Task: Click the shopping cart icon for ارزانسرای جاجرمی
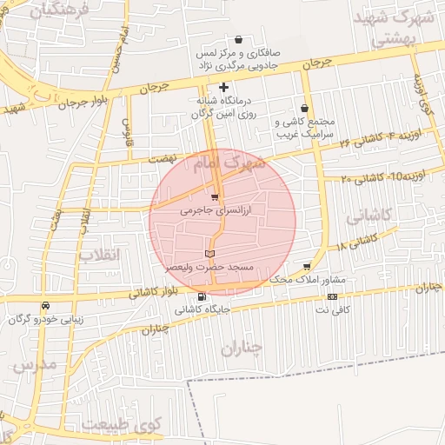coord(214,196)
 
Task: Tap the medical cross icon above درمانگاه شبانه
coord(224,87)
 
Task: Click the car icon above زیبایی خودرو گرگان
coord(44,305)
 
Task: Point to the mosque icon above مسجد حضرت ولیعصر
coord(209,253)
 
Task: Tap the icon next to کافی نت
coord(332,297)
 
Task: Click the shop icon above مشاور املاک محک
coord(307,266)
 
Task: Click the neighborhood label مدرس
coord(35,364)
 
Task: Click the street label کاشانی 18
coord(353,240)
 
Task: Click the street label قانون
coord(128,130)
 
